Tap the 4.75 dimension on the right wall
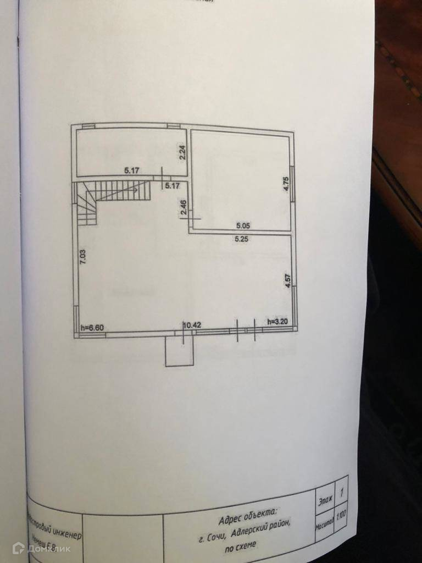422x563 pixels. click(x=286, y=183)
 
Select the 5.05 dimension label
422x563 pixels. click(x=243, y=225)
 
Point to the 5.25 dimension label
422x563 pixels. click(x=243, y=239)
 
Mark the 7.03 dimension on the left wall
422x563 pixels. click(x=83, y=257)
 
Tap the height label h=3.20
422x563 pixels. click(x=277, y=321)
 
